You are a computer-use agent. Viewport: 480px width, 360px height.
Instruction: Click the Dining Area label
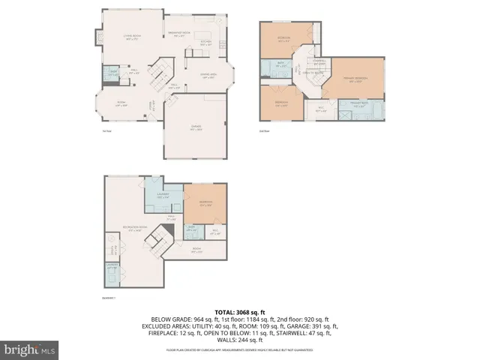(x=208, y=76)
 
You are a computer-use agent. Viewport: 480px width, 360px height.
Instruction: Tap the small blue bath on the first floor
(x=112, y=73)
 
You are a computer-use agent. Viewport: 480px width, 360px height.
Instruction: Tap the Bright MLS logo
(x=30, y=349)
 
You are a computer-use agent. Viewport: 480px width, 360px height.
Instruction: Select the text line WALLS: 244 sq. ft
(x=239, y=339)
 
